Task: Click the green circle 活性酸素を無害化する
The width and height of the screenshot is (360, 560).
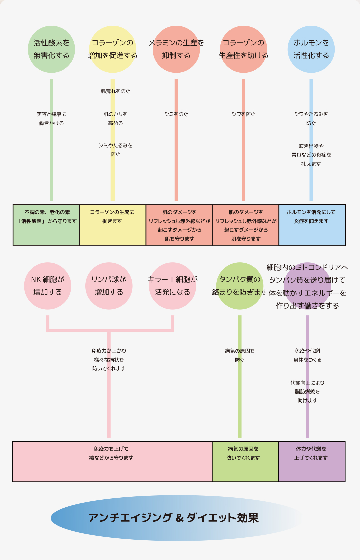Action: coord(51,49)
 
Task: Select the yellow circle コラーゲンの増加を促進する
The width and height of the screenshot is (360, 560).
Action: coord(112,49)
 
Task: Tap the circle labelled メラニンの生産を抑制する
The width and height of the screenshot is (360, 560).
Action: coord(176,49)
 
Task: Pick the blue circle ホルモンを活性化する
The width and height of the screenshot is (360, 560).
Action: coord(311,49)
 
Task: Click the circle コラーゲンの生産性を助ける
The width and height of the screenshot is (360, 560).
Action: coord(243,49)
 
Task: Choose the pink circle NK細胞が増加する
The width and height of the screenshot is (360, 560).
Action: coord(47,286)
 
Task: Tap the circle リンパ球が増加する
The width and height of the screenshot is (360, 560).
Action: coord(109,286)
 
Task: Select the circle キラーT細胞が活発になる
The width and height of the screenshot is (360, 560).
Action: coord(172,286)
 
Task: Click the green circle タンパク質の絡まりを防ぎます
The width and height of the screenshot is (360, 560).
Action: coord(240,286)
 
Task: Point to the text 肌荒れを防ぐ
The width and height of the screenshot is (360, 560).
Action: coord(115,91)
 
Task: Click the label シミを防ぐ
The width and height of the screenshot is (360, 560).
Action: coord(176,114)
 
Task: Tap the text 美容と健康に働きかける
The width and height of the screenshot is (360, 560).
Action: coord(51,119)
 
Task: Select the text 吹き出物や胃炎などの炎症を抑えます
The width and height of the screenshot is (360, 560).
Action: coord(311,155)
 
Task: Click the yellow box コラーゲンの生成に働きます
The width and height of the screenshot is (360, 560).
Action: coord(112,225)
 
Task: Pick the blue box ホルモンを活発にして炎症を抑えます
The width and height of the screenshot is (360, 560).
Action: coord(312,225)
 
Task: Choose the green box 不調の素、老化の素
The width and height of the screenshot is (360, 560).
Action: coord(46,225)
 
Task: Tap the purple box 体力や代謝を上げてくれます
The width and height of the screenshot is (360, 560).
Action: coord(312,462)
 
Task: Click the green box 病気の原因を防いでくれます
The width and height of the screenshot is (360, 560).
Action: coord(245,462)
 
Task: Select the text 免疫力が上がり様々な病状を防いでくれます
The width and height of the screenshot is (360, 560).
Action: coord(109,360)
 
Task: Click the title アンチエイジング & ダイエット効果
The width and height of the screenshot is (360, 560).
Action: coord(174,518)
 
